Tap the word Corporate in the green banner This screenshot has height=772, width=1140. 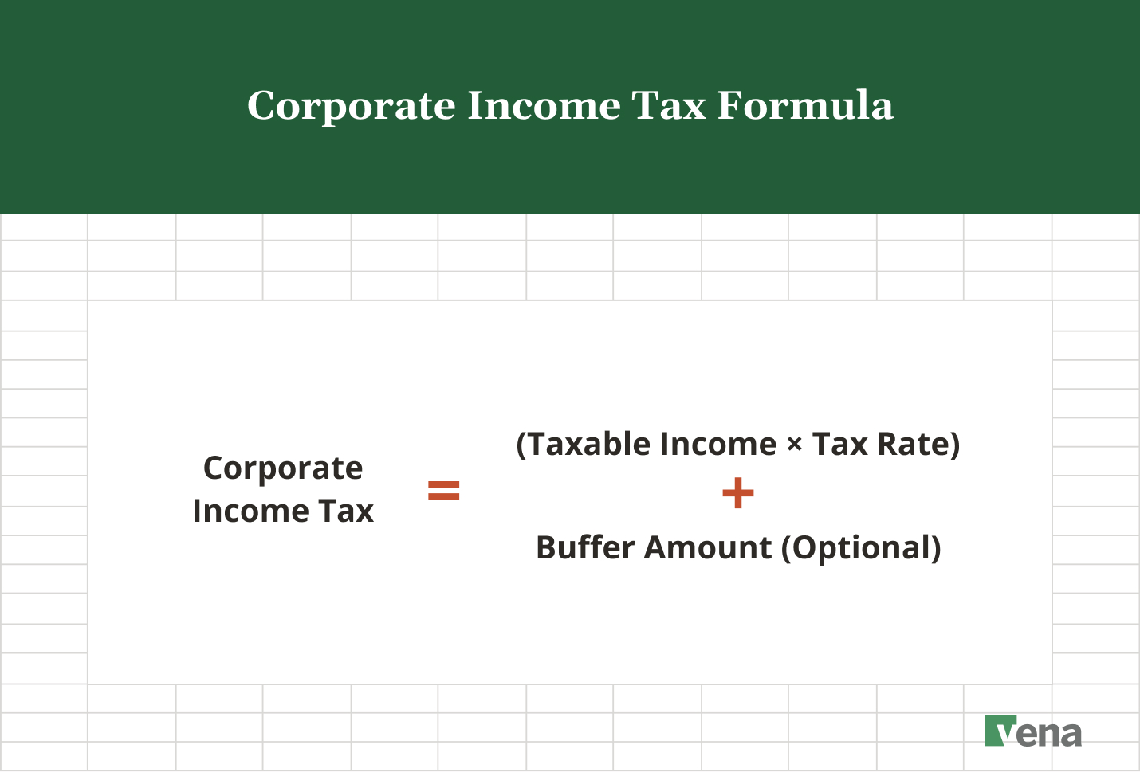[x=351, y=107]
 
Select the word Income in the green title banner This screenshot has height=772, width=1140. [x=544, y=105]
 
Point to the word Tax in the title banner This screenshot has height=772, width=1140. [x=669, y=105]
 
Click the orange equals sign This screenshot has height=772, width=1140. [x=444, y=491]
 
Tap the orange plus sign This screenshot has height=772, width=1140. [x=737, y=493]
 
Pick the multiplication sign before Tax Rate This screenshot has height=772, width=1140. [x=794, y=445]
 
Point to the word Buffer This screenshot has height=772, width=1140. [x=585, y=548]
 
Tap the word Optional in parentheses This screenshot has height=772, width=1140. [x=861, y=548]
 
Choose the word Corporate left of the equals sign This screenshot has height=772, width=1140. [x=283, y=468]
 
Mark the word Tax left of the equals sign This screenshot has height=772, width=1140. [x=346, y=511]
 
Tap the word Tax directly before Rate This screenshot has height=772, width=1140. [x=839, y=445]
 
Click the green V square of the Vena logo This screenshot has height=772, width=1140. [x=1000, y=730]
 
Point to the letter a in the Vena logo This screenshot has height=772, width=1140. [x=1069, y=734]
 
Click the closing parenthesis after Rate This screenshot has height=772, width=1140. [x=954, y=445]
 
